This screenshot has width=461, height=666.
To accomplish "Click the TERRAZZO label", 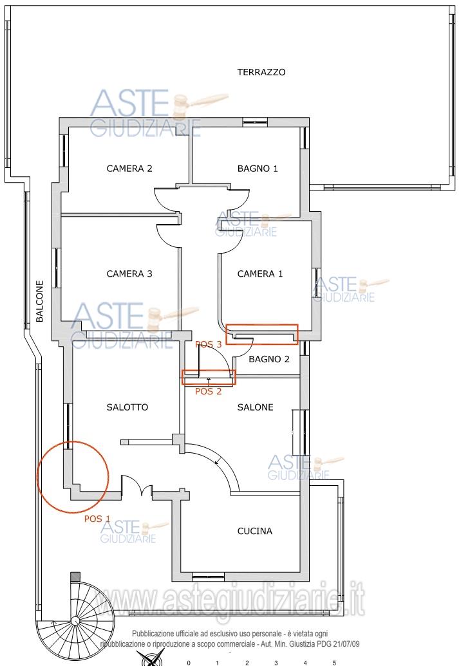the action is pyautogui.click(x=261, y=72).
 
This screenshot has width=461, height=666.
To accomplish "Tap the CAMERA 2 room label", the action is pyautogui.click(x=129, y=169).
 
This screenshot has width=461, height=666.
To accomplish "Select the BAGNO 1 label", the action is pyautogui.click(x=258, y=169).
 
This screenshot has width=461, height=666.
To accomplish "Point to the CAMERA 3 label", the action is pyautogui.click(x=129, y=274).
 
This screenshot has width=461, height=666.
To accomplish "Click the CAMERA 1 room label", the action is pyautogui.click(x=259, y=274).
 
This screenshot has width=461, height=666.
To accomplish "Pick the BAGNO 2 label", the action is pyautogui.click(x=269, y=359).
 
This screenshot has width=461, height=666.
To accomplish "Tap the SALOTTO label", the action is pyautogui.click(x=127, y=407).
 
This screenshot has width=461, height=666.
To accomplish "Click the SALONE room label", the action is pyautogui.click(x=255, y=407).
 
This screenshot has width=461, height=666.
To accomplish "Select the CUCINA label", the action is pyautogui.click(x=254, y=531).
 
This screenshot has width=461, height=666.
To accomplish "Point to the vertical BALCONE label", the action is pyautogui.click(x=39, y=301).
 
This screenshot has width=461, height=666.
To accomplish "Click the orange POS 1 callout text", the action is pyautogui.click(x=97, y=519).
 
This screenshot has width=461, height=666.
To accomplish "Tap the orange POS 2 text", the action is pyautogui.click(x=208, y=391).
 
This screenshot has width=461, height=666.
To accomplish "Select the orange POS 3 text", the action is pyautogui.click(x=208, y=344).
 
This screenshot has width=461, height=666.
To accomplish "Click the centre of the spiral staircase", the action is pyautogui.click(x=75, y=621).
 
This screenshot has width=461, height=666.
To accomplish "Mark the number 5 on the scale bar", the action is pyautogui.click(x=334, y=663).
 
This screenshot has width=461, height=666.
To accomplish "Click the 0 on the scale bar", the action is pyautogui.click(x=189, y=663).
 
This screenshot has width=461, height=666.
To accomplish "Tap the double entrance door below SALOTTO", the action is pyautogui.click(x=136, y=486).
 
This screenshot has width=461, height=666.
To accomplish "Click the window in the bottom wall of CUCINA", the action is pyautogui.click(x=208, y=577).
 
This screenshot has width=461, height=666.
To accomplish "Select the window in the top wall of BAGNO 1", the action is pyautogui.click(x=255, y=122).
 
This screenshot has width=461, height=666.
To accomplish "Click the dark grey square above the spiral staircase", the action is pyautogui.click(x=75, y=577).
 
